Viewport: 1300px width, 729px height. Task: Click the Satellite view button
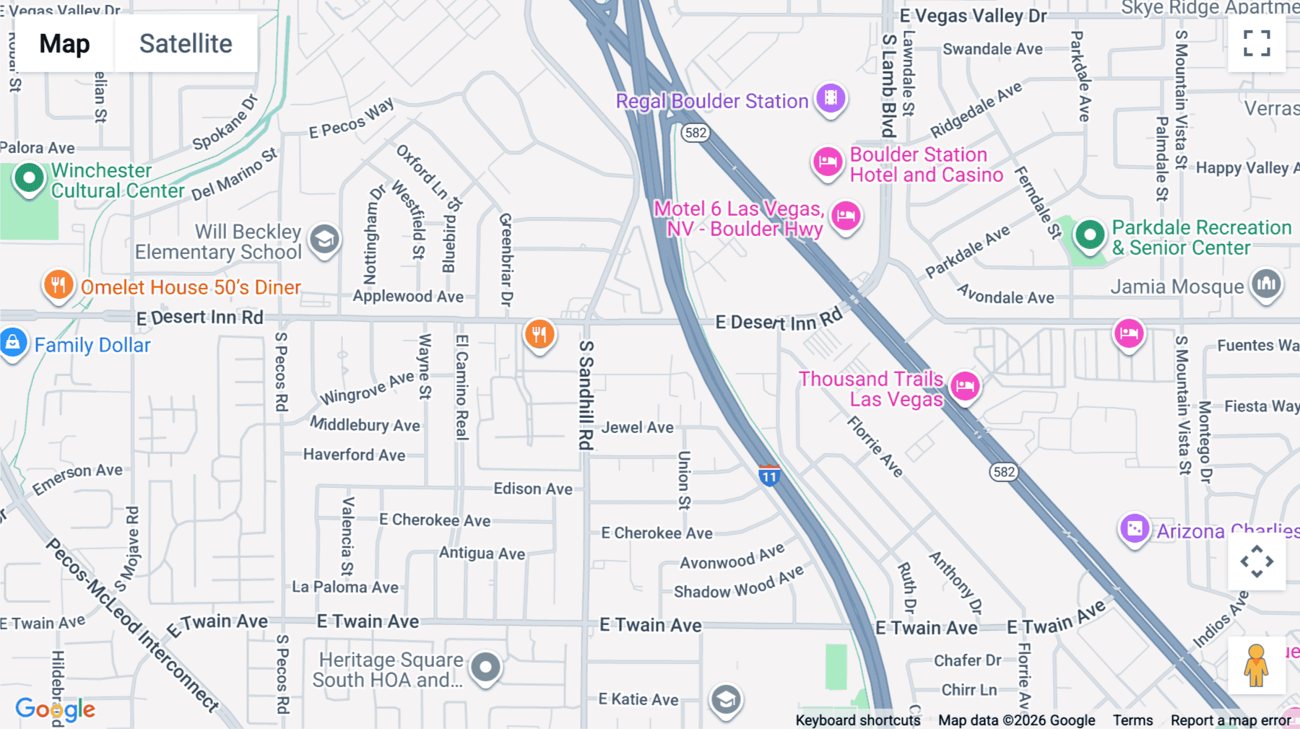(x=186, y=43)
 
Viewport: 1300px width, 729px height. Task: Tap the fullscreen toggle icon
(x=1257, y=43)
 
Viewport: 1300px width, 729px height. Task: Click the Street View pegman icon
(x=1256, y=665)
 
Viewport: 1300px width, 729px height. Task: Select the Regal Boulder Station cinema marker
(x=831, y=98)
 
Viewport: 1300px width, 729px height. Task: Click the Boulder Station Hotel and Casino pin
(x=828, y=162)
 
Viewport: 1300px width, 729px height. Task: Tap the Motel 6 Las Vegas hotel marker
(x=846, y=216)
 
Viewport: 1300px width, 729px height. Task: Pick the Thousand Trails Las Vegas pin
(x=965, y=386)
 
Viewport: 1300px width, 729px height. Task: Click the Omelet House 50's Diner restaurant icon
(x=58, y=285)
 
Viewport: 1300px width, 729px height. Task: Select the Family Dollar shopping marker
(x=13, y=343)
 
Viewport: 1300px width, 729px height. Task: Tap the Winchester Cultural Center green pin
(x=30, y=178)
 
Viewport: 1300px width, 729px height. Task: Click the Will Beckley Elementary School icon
(x=324, y=239)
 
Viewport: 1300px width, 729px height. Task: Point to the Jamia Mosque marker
(x=1265, y=284)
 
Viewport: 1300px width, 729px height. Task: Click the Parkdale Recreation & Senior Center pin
(x=1089, y=235)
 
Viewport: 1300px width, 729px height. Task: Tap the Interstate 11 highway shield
(x=769, y=476)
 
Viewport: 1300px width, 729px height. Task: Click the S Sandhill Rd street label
(x=586, y=395)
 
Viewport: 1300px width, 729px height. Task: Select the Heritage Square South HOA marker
(x=485, y=667)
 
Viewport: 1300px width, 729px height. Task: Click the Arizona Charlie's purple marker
(x=1134, y=529)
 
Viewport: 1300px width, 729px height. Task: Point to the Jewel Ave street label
(x=637, y=427)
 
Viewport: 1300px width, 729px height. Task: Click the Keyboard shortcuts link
(x=857, y=720)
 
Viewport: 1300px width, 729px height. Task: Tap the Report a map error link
(x=1230, y=720)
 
